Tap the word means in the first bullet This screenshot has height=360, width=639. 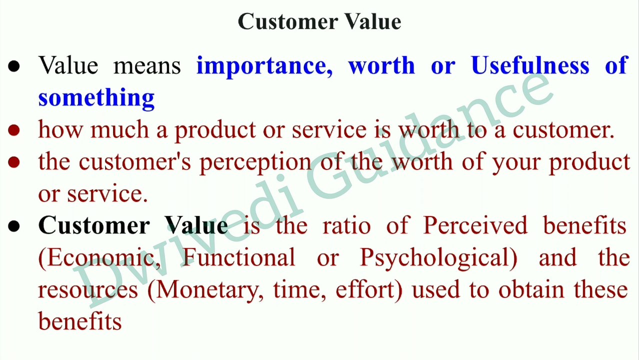tap(147, 66)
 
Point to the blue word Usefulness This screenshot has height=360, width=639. tap(530, 66)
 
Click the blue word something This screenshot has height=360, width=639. tap(96, 97)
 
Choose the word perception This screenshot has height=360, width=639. tap(255, 162)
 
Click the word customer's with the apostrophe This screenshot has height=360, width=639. tap(134, 162)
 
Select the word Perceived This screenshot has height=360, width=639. tap(475, 226)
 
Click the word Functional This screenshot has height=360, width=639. tap(238, 258)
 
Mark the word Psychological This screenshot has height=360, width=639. tap(438, 258)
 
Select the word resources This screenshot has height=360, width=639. tap(87, 290)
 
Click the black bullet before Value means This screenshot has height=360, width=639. tap(14, 66)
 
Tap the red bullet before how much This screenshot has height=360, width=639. tap(14, 130)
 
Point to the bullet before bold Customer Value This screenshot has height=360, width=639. tap(14, 226)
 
